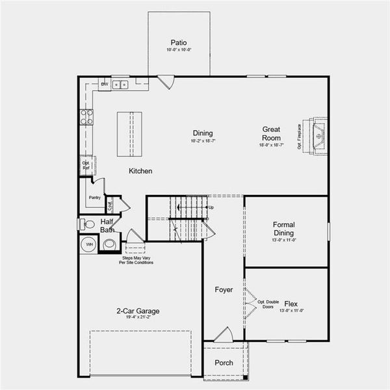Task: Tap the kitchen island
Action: (x=129, y=134)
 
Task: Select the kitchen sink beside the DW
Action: (x=120, y=84)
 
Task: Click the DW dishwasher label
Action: (x=104, y=84)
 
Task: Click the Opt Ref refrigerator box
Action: (x=86, y=164)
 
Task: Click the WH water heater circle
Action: (x=89, y=244)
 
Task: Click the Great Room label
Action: (x=271, y=133)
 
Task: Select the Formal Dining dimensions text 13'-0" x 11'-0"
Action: (x=283, y=240)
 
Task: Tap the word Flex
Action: (x=291, y=304)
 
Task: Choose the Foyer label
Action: (x=224, y=289)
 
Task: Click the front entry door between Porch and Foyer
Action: (x=223, y=335)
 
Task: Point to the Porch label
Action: (x=224, y=363)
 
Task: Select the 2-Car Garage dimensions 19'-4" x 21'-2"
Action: (x=138, y=318)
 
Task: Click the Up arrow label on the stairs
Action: (x=211, y=207)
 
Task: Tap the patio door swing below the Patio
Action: (x=166, y=83)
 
